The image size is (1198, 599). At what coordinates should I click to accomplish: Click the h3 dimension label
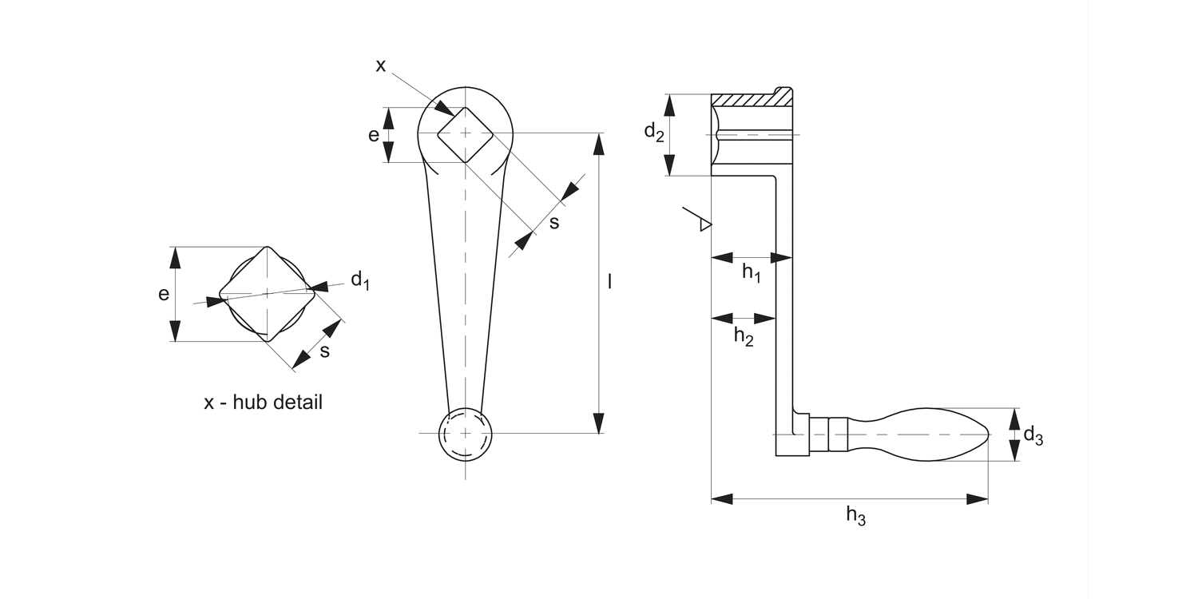(855, 516)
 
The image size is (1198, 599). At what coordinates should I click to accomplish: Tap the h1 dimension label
(752, 273)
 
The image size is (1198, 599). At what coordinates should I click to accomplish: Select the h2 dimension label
(744, 337)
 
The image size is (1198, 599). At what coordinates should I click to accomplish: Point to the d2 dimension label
(654, 132)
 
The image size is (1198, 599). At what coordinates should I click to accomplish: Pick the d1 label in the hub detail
(360, 280)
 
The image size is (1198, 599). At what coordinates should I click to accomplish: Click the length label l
(609, 281)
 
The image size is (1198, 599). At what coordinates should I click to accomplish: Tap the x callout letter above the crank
(380, 65)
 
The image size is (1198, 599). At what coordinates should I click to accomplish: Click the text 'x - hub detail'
(263, 403)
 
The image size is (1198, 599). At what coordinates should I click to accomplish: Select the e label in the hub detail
(164, 294)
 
